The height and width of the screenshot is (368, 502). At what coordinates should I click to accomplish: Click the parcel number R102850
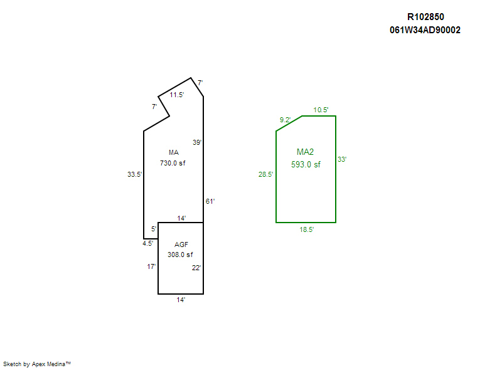[425, 17]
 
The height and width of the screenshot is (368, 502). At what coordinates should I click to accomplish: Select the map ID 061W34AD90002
[425, 30]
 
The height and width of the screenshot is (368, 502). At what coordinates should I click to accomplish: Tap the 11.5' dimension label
[177, 95]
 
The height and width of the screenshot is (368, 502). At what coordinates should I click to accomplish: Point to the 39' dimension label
[197, 142]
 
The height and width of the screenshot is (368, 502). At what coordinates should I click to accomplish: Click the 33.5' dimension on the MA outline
[134, 174]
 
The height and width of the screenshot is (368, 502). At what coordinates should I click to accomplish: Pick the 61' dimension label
[210, 201]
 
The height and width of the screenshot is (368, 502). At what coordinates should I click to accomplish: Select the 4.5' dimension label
[147, 243]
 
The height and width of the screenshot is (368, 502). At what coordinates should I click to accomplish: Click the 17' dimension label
[151, 266]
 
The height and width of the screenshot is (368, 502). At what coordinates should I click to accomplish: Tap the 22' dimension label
[196, 268]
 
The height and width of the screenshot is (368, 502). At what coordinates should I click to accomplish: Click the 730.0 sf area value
[173, 163]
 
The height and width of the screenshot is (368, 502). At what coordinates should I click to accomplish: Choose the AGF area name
[181, 244]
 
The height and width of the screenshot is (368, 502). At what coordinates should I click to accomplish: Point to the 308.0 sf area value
[180, 255]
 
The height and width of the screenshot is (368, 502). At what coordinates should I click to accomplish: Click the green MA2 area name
[305, 152]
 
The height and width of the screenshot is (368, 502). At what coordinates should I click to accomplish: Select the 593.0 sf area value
[306, 164]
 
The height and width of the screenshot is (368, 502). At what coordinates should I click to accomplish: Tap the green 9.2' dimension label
[285, 120]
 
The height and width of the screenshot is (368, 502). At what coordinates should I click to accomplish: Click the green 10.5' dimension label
[321, 110]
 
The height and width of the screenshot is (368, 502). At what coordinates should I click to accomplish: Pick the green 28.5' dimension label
[265, 174]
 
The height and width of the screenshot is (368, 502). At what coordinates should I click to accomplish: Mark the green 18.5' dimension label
[307, 229]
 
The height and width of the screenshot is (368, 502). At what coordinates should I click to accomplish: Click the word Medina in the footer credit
[56, 364]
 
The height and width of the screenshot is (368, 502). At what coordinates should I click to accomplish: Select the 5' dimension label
[154, 229]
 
